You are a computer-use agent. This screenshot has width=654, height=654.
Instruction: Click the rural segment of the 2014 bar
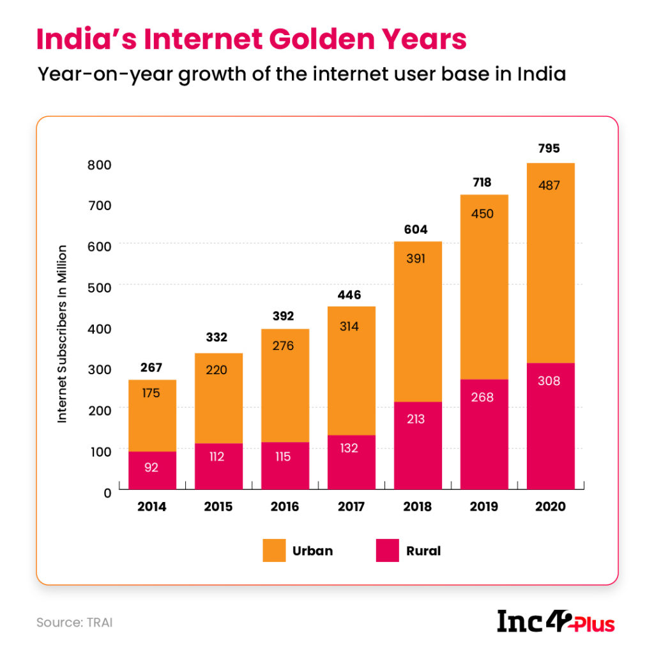[x=152, y=469]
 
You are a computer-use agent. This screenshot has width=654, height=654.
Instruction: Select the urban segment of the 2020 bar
[x=550, y=262]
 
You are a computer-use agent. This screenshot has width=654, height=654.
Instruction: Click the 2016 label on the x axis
[x=285, y=507]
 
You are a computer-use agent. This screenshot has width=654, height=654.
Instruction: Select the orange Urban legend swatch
[x=275, y=551]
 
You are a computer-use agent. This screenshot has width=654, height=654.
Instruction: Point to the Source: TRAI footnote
[x=74, y=622]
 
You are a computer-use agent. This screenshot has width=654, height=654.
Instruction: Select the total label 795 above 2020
[x=549, y=149]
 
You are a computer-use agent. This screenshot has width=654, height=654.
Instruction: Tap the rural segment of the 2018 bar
[x=418, y=445]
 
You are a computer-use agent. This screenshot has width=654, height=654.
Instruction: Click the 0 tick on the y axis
[x=107, y=492]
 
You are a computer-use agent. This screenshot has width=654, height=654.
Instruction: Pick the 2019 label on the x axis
[x=483, y=507]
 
